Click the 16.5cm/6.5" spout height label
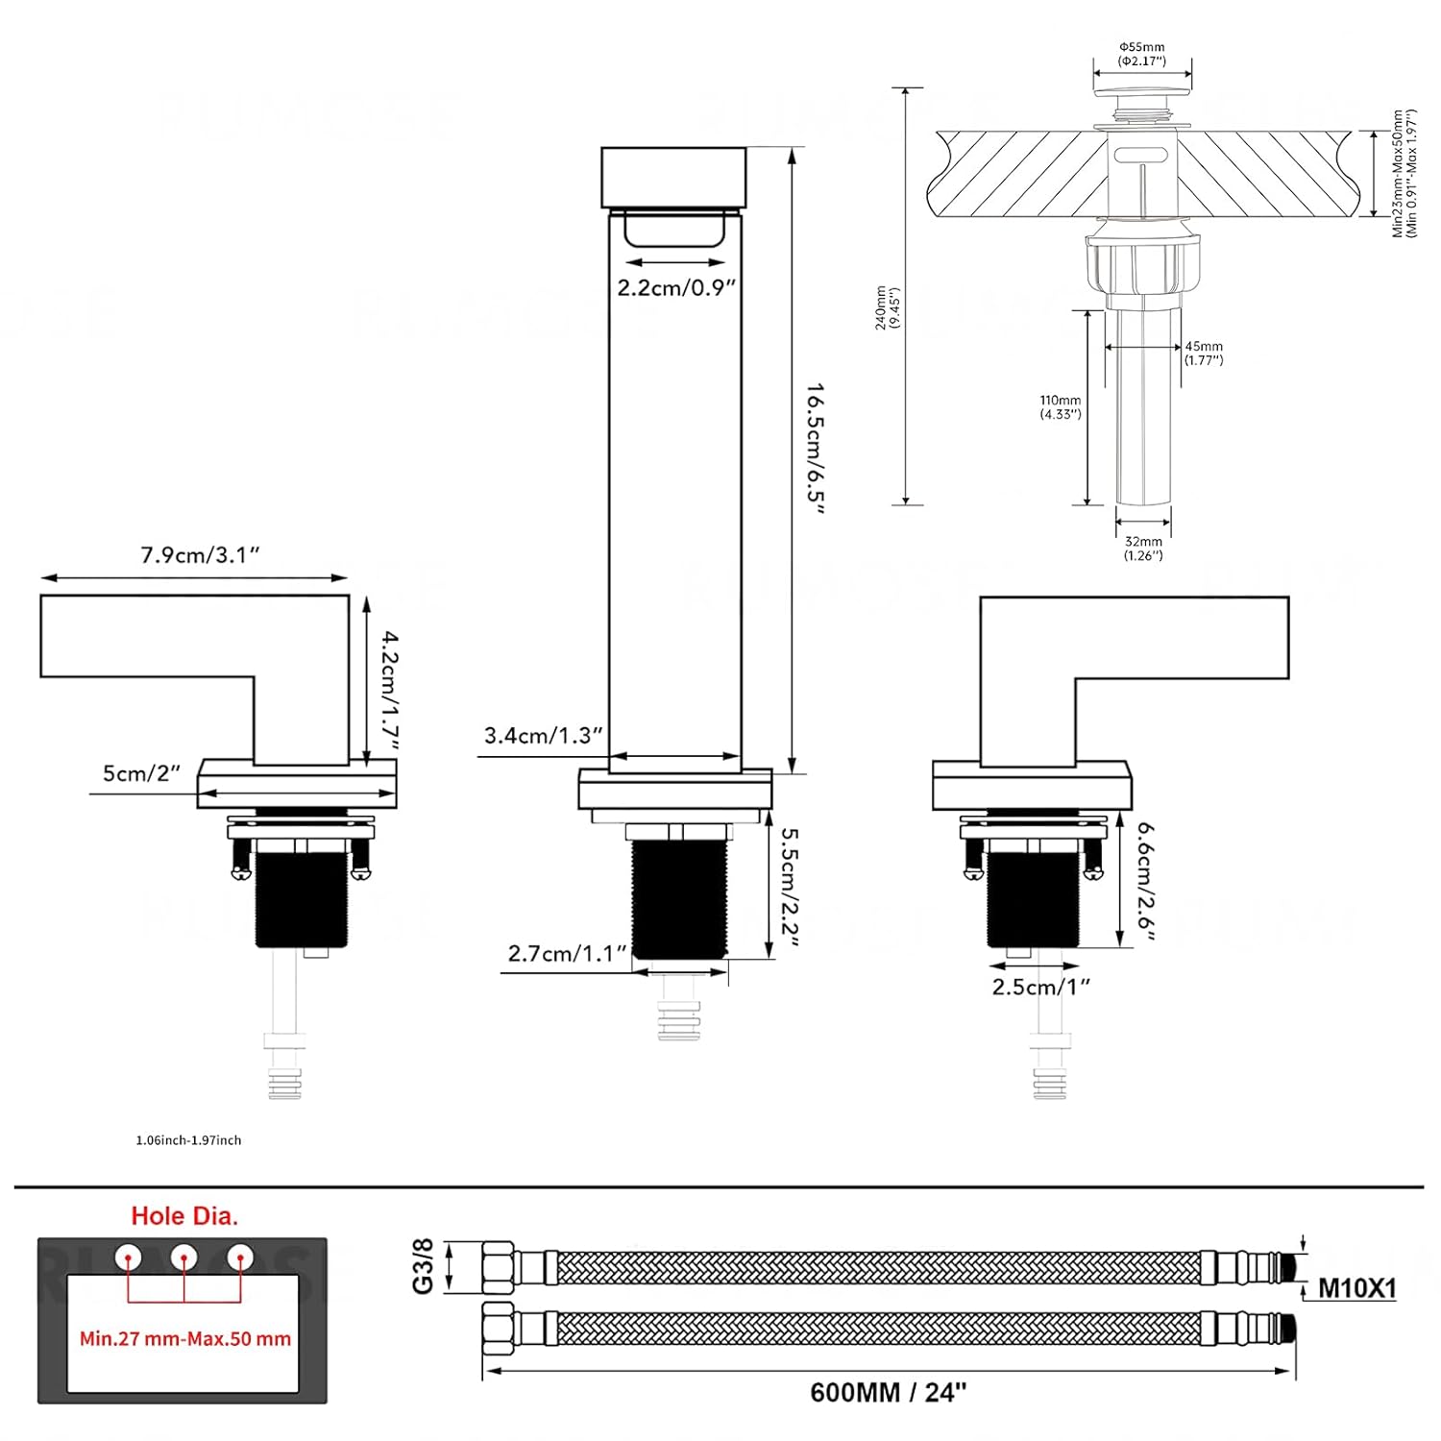point(816,449)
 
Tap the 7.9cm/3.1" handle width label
point(200,555)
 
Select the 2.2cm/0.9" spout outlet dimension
point(676,287)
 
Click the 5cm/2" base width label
point(141,773)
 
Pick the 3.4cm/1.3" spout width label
point(543,736)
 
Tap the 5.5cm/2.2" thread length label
point(790,888)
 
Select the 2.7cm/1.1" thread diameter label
point(567,954)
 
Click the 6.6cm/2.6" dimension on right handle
point(1145,880)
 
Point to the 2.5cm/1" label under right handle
point(1041,988)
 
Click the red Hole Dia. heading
point(184,1216)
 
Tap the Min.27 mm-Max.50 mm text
point(184,1339)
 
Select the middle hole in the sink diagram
point(183,1257)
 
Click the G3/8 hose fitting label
point(424,1265)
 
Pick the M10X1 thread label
point(1356,1288)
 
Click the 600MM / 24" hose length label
point(889,1392)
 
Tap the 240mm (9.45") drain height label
point(887,307)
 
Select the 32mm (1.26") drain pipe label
point(1143,549)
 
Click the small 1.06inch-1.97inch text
point(188,1140)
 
